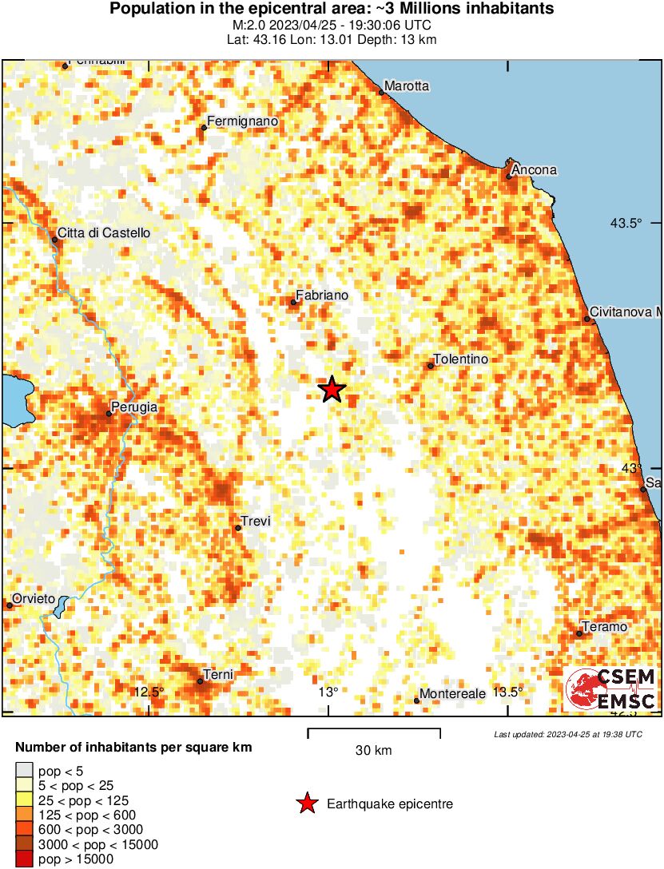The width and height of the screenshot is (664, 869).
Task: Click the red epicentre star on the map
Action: pyautogui.click(x=332, y=390)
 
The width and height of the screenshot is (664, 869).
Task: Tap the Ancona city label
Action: pyautogui.click(x=534, y=170)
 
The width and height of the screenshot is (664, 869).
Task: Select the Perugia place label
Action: pyautogui.click(x=134, y=407)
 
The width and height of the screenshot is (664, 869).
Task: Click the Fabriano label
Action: pyautogui.click(x=322, y=296)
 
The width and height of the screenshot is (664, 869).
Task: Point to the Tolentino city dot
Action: pyautogui.click(x=431, y=366)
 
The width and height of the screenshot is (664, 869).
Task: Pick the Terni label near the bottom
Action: pyautogui.click(x=217, y=675)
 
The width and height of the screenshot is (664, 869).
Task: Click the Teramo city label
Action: pyautogui.click(x=605, y=627)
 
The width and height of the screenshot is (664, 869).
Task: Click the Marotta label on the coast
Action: pyautogui.click(x=407, y=85)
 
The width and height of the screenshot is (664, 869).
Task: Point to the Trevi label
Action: pyautogui.click(x=256, y=522)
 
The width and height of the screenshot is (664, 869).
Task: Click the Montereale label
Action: pyautogui.click(x=452, y=694)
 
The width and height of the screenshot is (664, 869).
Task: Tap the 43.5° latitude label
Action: pyautogui.click(x=626, y=223)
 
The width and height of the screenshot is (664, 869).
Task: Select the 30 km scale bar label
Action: pyautogui.click(x=374, y=751)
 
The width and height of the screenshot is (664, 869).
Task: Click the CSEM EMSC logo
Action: pyautogui.click(x=610, y=688)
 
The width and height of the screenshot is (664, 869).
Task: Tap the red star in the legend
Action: pyautogui.click(x=306, y=804)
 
